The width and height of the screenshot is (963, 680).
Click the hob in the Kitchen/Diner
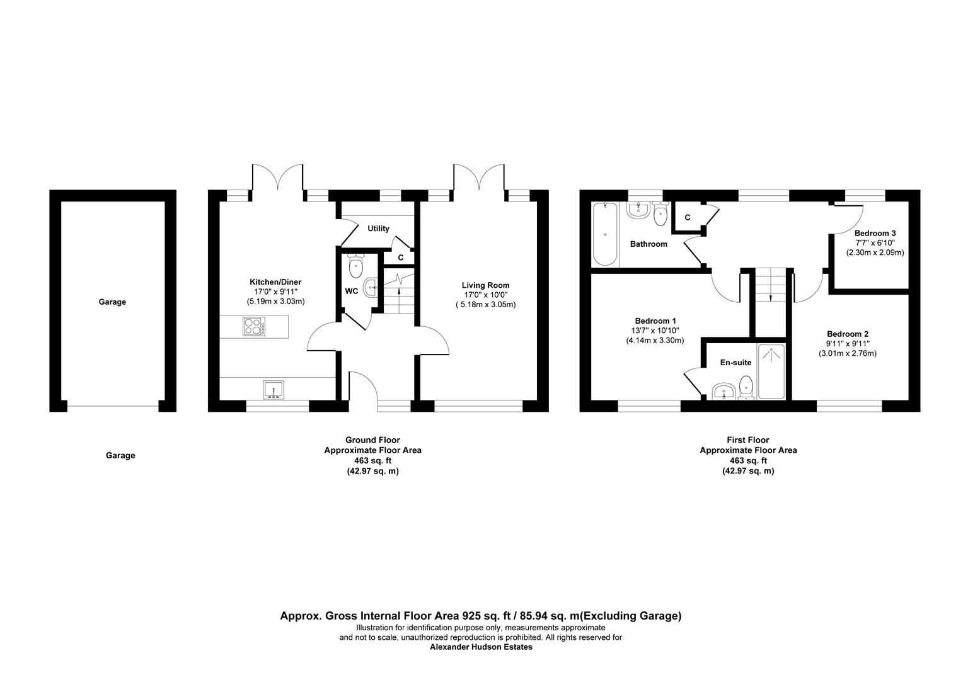[x=254, y=326]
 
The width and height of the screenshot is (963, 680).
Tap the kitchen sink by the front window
[x=274, y=390]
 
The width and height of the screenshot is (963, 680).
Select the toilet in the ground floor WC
[x=356, y=265]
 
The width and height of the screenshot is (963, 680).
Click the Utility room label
[x=379, y=229]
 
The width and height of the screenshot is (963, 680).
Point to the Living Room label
[x=485, y=285]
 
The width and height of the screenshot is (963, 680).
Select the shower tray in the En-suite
[x=771, y=371]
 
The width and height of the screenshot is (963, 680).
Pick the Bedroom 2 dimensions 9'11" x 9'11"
[x=848, y=344]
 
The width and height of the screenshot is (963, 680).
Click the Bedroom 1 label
[x=655, y=321]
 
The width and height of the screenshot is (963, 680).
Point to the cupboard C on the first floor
[x=688, y=217]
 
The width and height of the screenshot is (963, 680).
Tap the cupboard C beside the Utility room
[x=400, y=258]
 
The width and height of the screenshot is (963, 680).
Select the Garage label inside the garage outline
[x=112, y=302]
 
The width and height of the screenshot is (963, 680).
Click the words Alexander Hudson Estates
[x=481, y=647]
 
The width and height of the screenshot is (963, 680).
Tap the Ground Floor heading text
[x=372, y=440]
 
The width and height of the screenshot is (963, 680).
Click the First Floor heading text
[x=748, y=440]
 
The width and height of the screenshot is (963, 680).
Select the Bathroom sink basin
[x=638, y=210]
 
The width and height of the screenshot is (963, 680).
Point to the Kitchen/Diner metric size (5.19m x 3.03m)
[x=275, y=302]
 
